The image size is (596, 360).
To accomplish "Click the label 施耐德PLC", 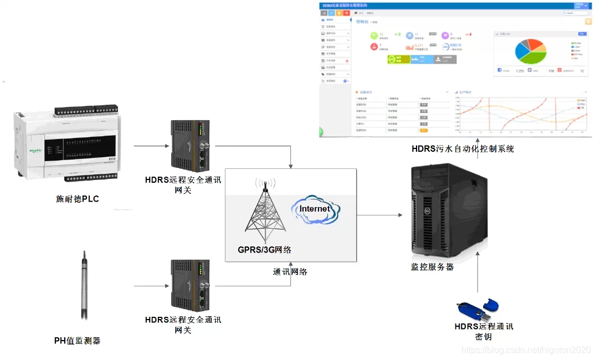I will pyautogui.click(x=78, y=199).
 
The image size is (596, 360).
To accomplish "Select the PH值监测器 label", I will pyautogui.click(x=78, y=341).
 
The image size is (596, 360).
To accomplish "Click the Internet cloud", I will pyautogui.click(x=315, y=210).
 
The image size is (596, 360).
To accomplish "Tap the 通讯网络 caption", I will pyautogui.click(x=290, y=272).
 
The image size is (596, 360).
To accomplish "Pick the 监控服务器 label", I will pyautogui.click(x=432, y=266).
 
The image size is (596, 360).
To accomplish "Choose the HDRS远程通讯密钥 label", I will pyautogui.click(x=484, y=331).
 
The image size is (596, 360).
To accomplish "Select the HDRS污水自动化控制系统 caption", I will pyautogui.click(x=463, y=148).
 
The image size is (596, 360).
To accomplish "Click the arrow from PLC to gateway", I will pyautogui.click(x=151, y=147).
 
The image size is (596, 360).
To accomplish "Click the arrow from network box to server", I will pyautogui.click(x=382, y=215).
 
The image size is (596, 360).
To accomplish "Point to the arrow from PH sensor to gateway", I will pyautogui.click(x=151, y=286).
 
